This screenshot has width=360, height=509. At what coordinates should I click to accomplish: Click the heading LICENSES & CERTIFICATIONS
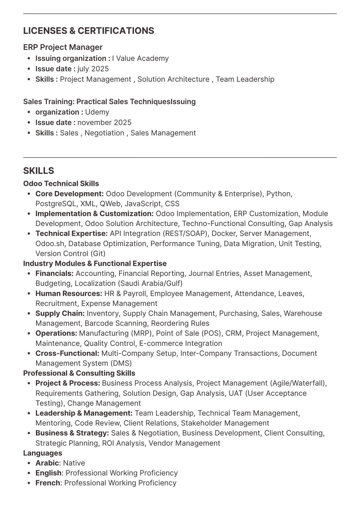click(x=89, y=31)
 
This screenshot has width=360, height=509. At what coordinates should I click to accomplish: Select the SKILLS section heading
click(x=39, y=171)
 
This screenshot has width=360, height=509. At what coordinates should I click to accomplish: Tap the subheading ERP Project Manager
click(x=63, y=47)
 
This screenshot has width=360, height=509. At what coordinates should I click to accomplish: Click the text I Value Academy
click(x=140, y=58)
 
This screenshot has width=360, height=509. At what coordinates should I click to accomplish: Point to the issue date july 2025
click(x=93, y=69)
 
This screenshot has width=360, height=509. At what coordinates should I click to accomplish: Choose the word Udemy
click(x=97, y=112)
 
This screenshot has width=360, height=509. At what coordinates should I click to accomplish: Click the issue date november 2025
click(x=104, y=123)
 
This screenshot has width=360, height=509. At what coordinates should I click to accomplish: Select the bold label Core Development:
click(x=70, y=194)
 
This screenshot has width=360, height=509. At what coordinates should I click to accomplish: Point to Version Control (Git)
click(x=70, y=253)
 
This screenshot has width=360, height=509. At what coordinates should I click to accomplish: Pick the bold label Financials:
click(x=54, y=273)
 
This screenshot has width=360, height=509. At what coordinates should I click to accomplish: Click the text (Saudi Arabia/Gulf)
click(x=150, y=283)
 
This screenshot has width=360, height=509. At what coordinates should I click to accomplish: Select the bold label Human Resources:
click(x=69, y=294)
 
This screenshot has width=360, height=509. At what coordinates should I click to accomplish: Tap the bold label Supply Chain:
click(x=60, y=313)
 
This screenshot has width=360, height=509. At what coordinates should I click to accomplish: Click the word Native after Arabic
click(x=74, y=463)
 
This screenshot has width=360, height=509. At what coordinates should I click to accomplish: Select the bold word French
click(x=48, y=483)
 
